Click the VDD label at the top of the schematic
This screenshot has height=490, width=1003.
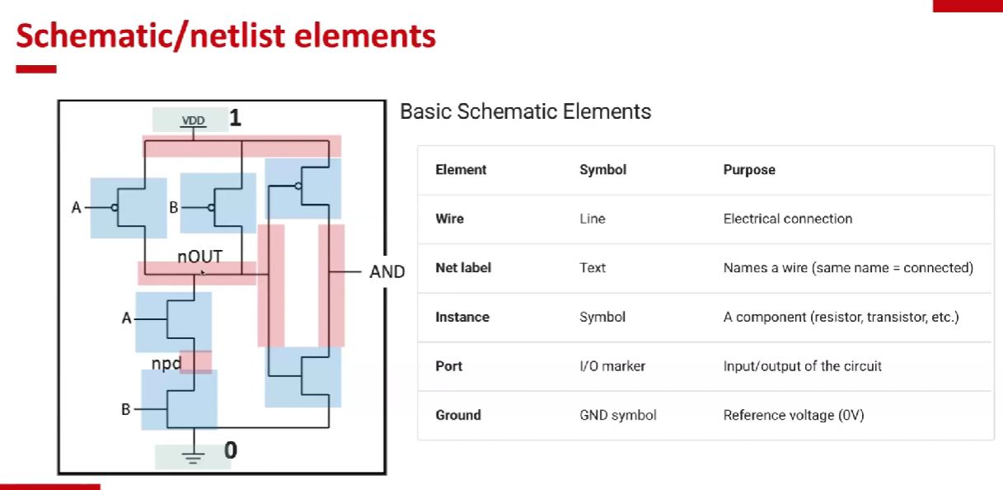point(194,120)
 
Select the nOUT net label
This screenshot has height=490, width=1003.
point(199,257)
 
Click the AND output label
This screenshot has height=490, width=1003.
point(387,272)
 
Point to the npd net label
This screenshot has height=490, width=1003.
point(166,364)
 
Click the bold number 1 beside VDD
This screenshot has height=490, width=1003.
point(236,119)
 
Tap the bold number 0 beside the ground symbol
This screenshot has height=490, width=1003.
point(231,450)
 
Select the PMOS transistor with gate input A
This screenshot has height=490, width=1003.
point(129,207)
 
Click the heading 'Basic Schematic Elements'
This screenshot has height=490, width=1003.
point(525,111)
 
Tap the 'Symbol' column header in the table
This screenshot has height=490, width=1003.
point(602,170)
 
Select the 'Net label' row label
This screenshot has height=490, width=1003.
point(463,268)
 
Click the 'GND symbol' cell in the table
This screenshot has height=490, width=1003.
point(618,415)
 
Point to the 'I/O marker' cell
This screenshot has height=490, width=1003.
point(612,366)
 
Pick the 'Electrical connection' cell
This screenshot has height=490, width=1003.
point(787,219)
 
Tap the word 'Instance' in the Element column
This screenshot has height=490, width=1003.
point(462,317)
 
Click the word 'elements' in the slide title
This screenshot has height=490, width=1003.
point(367,36)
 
